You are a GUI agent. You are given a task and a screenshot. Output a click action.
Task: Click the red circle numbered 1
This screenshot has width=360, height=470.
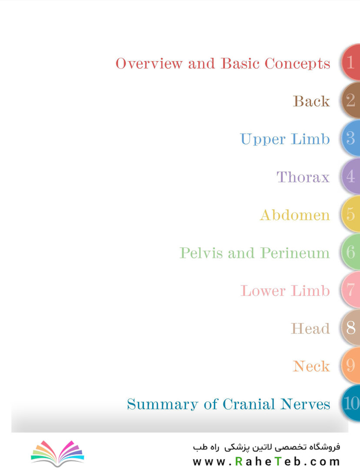(x=351, y=62)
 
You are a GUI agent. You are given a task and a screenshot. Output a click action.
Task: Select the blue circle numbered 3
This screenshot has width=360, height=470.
(x=351, y=138)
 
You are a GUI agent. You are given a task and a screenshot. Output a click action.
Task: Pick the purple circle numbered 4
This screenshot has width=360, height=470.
(x=351, y=176)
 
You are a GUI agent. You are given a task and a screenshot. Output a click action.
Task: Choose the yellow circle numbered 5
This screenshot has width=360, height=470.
(x=351, y=214)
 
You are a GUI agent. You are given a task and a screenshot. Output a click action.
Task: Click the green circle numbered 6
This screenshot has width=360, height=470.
(x=351, y=252)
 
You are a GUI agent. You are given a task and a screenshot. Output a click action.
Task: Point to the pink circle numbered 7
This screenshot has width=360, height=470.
(x=351, y=289)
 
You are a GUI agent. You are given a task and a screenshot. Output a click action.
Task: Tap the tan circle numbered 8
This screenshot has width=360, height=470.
(x=351, y=328)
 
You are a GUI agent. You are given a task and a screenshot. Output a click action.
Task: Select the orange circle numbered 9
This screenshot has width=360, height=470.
(x=351, y=366)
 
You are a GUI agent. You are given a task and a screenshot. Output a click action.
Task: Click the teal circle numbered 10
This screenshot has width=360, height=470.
(x=351, y=403)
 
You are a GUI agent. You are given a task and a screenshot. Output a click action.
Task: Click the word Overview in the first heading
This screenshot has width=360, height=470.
(x=149, y=64)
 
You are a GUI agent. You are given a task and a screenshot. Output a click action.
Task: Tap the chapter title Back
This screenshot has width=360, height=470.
(x=311, y=101)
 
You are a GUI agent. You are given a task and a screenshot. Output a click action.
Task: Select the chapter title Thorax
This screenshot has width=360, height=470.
(x=303, y=177)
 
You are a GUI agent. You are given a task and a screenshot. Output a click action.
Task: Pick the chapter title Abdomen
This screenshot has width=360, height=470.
(x=295, y=215)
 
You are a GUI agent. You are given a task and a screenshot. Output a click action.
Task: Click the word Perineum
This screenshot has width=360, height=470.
(x=295, y=253)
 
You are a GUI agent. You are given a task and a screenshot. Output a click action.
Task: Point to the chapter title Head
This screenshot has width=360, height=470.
(x=310, y=329)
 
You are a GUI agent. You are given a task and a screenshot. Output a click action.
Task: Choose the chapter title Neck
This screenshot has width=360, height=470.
(x=311, y=366)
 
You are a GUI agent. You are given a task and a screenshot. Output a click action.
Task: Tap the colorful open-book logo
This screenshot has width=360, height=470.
(x=57, y=453)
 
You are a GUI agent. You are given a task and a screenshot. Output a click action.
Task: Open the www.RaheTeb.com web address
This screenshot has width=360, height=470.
(x=267, y=461)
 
